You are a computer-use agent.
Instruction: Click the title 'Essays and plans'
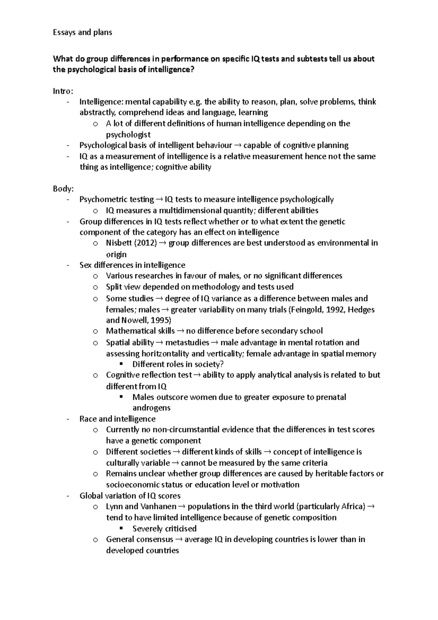click(82, 32)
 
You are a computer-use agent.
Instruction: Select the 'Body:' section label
click(64, 189)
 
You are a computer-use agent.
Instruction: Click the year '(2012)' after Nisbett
click(145, 243)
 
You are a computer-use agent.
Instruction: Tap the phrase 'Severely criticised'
click(165, 529)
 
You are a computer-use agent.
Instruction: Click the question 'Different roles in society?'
click(178, 364)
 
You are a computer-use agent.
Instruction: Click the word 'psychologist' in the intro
click(128, 135)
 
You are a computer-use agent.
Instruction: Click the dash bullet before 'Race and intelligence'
click(68, 419)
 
